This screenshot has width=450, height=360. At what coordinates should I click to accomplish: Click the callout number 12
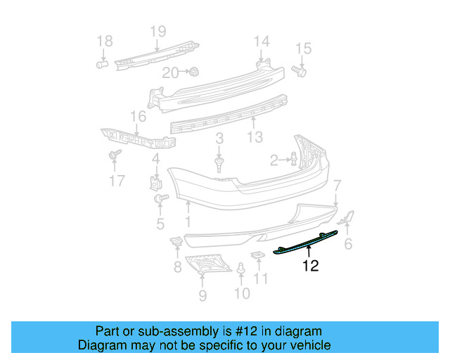point(311,266)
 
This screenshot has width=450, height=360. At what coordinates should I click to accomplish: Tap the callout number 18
point(104,42)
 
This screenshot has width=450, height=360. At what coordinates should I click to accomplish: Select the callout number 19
point(157,31)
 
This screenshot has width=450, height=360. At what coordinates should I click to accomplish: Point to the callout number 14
point(262,41)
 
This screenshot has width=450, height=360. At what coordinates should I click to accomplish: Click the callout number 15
point(302,49)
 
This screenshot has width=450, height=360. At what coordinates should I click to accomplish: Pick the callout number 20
point(171,72)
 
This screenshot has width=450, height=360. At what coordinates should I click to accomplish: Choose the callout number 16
point(138,117)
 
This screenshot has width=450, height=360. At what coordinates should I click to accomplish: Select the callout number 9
point(202,295)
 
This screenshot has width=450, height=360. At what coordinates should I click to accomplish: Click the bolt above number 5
point(160,200)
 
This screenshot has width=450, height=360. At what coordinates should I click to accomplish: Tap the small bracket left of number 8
point(177,243)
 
